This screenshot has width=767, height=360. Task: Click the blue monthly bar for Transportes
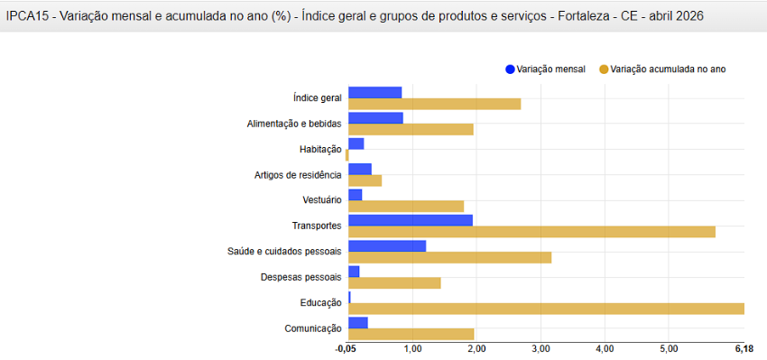coord(410,220)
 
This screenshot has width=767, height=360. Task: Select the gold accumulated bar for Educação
coord(546,309)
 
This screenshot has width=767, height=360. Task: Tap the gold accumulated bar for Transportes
coord(531,232)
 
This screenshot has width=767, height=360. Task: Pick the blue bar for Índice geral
coord(374,92)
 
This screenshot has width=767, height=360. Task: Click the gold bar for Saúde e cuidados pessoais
coord(449,257)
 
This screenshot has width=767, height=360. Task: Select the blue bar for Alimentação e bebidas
coord(375,117)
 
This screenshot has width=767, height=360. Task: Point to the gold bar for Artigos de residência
coord(365,180)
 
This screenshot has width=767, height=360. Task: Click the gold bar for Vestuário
coord(406,206)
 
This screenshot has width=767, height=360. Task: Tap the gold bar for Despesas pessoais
coord(394,283)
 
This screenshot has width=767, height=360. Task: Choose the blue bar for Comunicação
coord(357,323)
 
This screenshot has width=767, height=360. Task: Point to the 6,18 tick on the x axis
coord(744,348)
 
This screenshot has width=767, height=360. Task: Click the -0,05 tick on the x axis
coord(346,348)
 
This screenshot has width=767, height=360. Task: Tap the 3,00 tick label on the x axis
coord(540,348)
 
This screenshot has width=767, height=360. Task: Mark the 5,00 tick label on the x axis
coord(668,348)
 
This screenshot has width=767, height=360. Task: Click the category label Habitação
coord(320,149)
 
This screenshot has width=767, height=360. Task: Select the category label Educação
coord(320,303)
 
